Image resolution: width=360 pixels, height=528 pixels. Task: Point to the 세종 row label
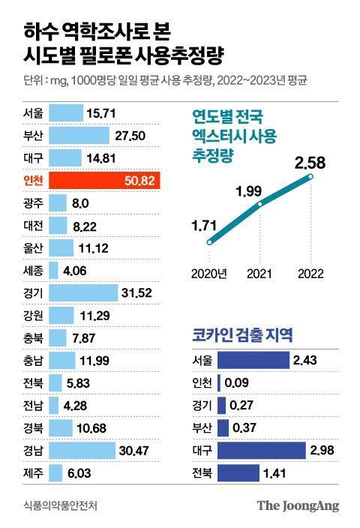tap(34, 271)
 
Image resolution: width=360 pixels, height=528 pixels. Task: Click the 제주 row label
tap(34, 474)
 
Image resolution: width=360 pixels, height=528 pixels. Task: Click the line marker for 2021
tap(260, 203)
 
